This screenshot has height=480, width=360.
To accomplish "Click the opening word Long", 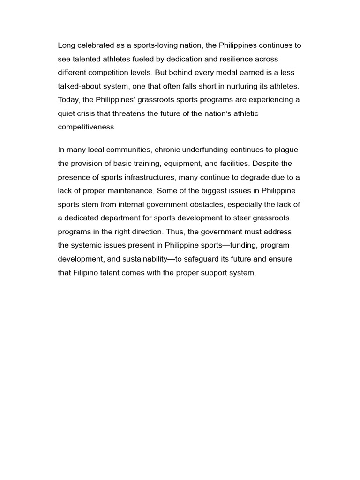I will click(x=66, y=45).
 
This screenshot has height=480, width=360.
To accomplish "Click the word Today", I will click(x=68, y=100).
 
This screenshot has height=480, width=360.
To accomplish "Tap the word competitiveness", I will click(x=87, y=127).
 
